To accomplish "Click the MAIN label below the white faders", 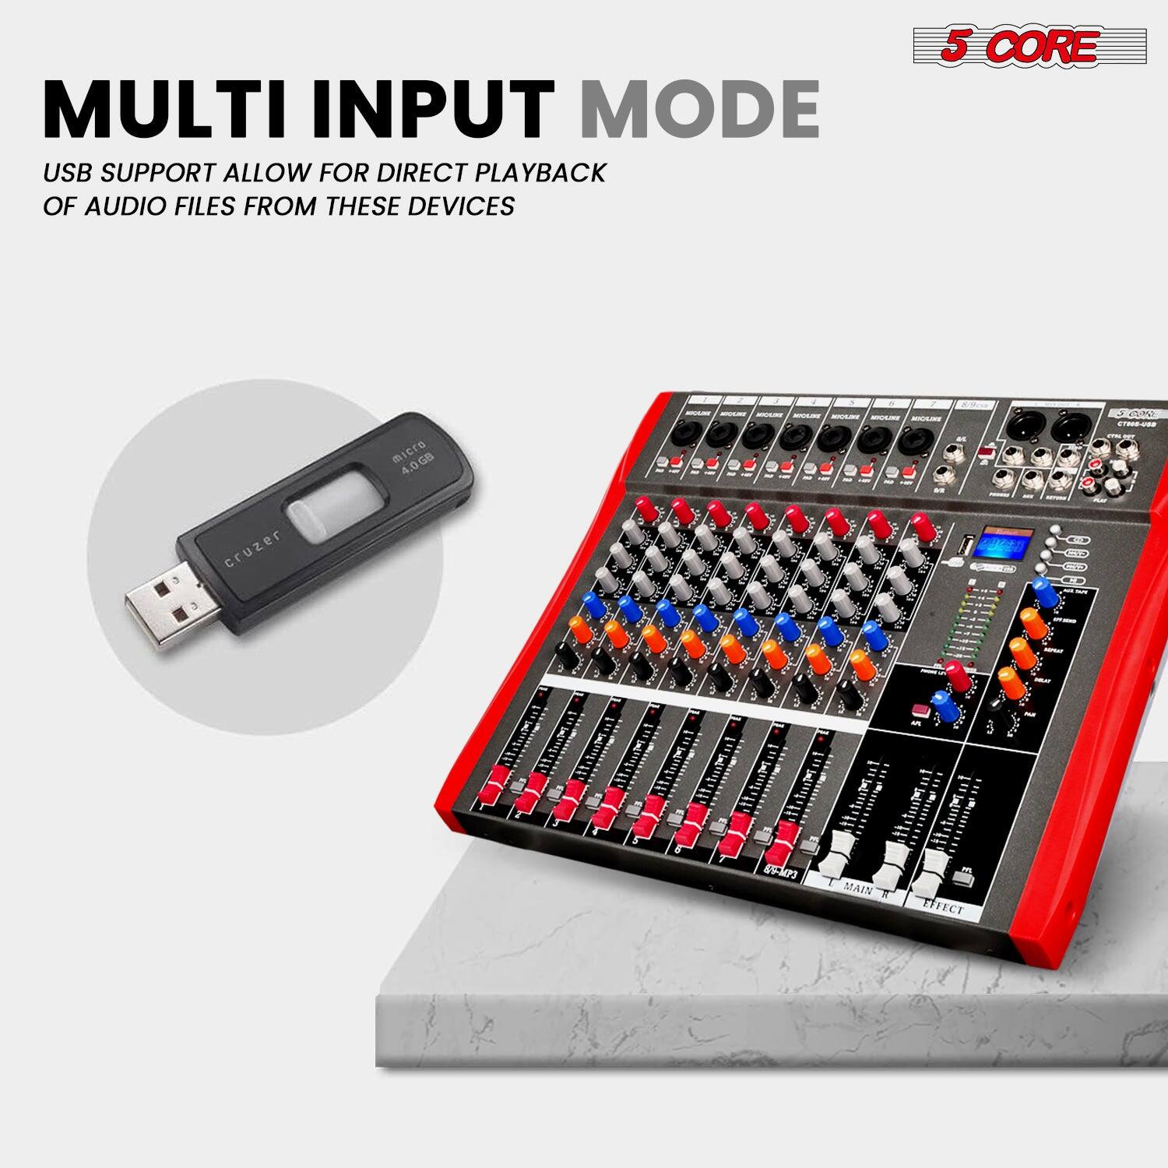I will click(857, 889).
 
